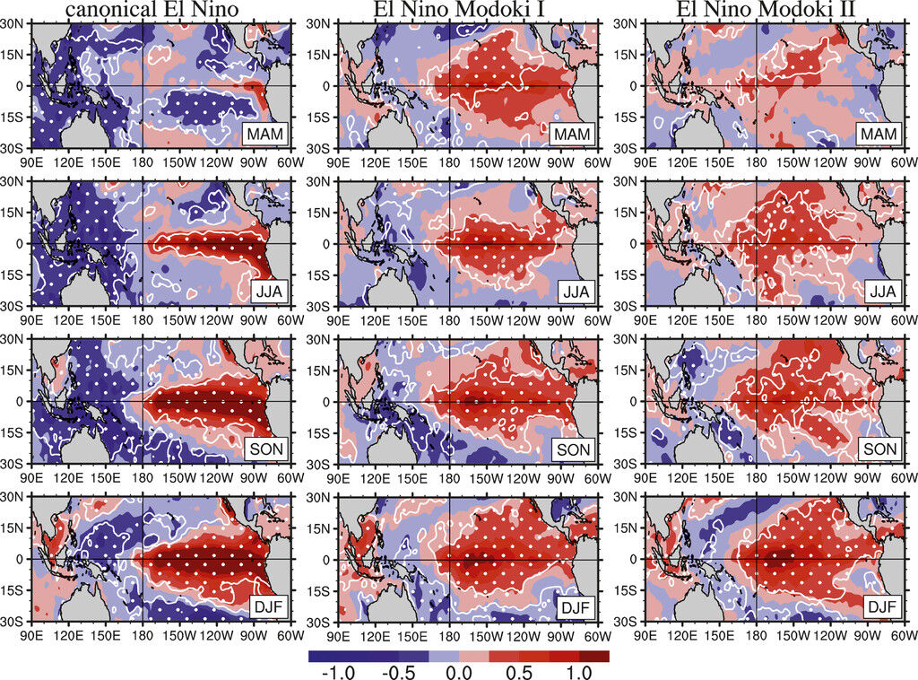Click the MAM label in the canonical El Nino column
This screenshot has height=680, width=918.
[x=264, y=134]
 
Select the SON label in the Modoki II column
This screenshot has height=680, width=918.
[x=880, y=449]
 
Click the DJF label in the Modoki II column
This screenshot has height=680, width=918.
[x=880, y=607]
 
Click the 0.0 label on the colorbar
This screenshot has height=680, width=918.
[x=459, y=672]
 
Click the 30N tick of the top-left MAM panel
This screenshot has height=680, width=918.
[x=15, y=23]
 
